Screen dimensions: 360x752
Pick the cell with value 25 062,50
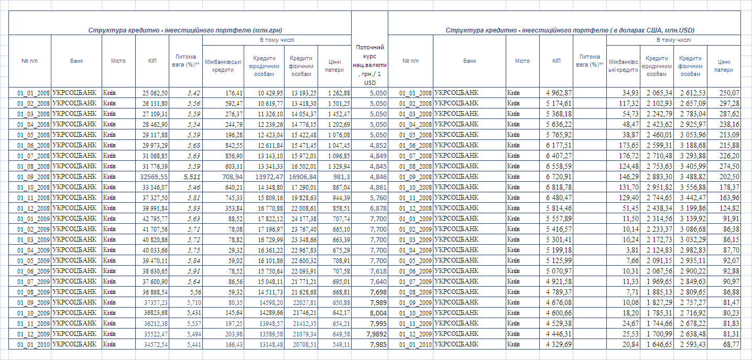(x=151, y=93)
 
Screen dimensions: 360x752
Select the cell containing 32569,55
(x=151, y=177)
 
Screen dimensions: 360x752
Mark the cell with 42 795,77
(x=151, y=219)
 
